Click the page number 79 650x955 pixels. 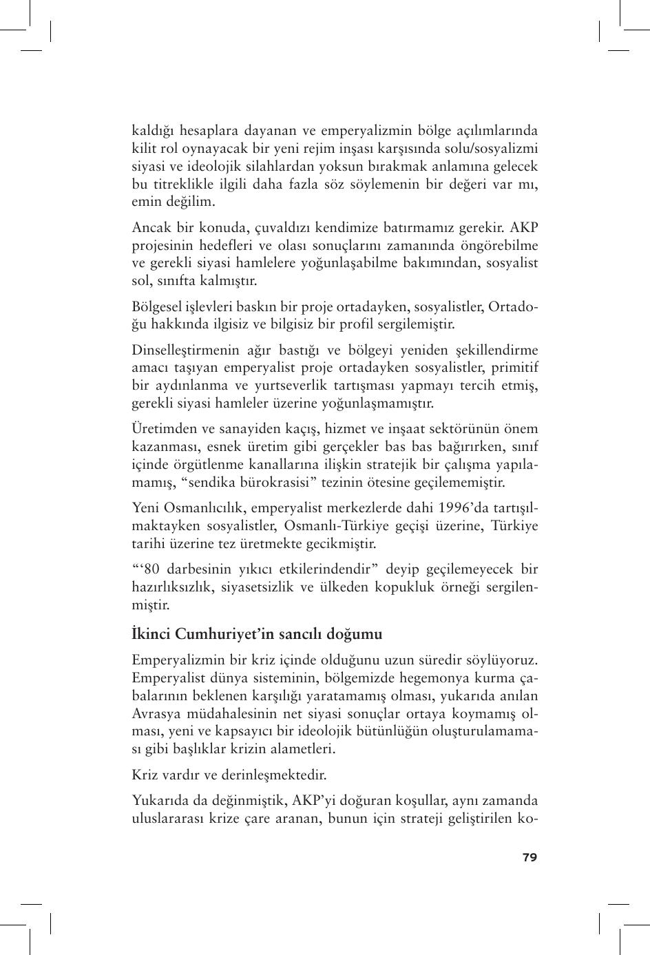coord(530,857)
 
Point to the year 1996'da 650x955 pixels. coord(463,508)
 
